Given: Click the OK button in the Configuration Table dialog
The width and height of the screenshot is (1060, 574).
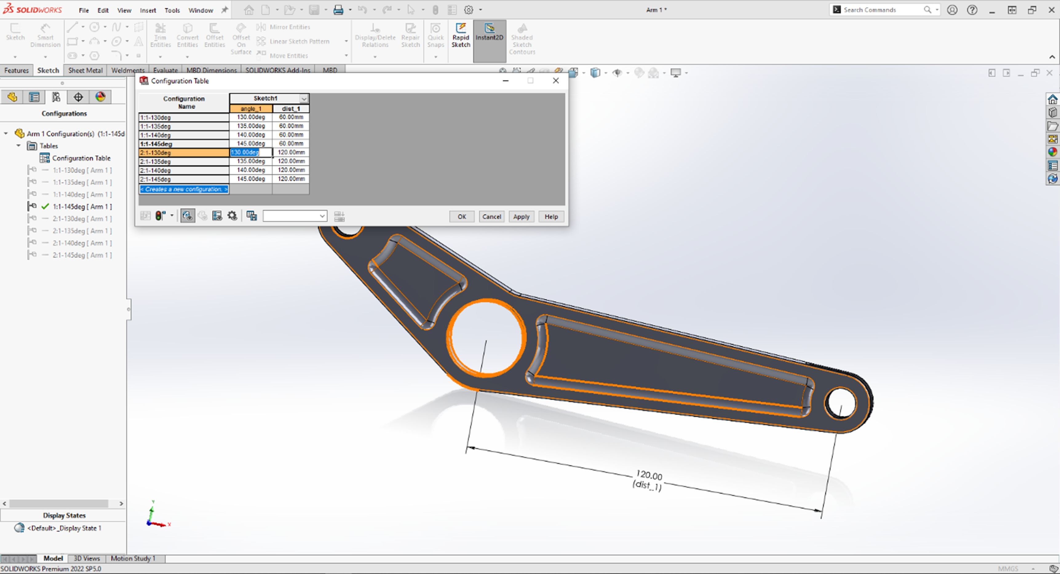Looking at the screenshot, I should (x=462, y=217).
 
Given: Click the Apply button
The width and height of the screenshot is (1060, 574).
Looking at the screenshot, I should (x=521, y=217).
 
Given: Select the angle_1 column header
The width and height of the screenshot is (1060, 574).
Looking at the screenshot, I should (x=251, y=108).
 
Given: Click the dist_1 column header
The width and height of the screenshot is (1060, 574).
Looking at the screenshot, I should (x=291, y=108).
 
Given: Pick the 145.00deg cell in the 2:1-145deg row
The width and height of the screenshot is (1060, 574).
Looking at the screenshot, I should (x=251, y=179).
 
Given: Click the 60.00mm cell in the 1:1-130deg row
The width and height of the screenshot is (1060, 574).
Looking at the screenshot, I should (x=291, y=117).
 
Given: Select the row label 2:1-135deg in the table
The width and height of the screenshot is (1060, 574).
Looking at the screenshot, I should (x=184, y=162).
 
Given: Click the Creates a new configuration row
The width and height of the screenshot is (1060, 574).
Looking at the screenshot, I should (x=184, y=189).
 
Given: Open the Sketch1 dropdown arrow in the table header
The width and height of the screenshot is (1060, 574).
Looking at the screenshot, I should (x=304, y=99).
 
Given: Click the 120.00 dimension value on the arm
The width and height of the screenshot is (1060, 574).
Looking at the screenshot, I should (x=649, y=475).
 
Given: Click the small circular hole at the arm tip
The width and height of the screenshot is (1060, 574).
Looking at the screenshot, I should (x=840, y=403).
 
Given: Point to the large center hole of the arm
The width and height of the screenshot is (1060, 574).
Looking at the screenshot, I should (x=486, y=337).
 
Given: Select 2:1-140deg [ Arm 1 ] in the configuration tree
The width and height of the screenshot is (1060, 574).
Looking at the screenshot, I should (x=82, y=243).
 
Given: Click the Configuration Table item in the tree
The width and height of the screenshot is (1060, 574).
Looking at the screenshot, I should (x=81, y=158).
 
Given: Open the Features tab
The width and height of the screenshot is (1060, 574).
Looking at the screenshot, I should (x=17, y=70).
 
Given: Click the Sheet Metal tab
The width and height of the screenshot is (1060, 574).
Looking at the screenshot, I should (x=85, y=70).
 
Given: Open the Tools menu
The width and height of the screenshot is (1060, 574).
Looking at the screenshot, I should (x=172, y=10).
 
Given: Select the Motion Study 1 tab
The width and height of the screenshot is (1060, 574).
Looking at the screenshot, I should (x=133, y=558).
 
